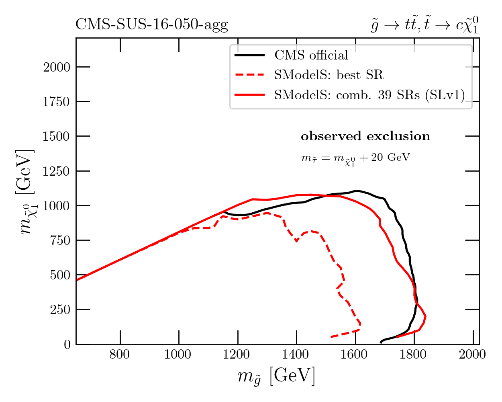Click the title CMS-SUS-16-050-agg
[151, 25]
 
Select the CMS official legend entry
[311, 55]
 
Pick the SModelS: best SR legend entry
[329, 75]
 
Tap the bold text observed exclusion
[365, 136]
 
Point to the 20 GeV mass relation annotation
[355, 158]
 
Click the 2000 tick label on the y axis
[57, 67]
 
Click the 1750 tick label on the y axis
[57, 102]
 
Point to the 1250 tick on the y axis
[57, 171]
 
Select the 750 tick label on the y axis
[60, 240]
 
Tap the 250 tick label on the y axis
[60, 310]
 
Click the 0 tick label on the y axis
[67, 345]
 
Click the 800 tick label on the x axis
[120, 355]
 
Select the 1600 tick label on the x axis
[355, 355]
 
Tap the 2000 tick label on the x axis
[473, 355]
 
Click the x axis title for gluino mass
[276, 377]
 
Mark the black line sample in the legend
[249, 55]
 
